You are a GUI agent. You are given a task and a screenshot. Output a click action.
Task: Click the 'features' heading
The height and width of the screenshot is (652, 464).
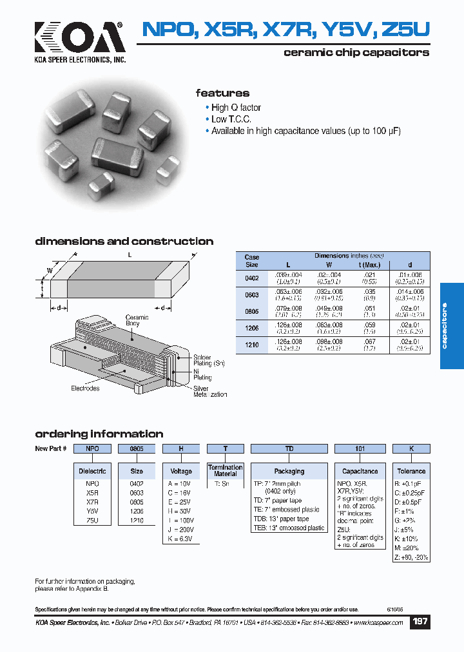coord(222,93)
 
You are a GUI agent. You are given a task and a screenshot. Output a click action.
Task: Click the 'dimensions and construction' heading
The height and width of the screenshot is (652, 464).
coord(124,242)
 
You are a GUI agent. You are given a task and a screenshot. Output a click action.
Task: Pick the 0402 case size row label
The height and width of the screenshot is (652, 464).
coord(252,278)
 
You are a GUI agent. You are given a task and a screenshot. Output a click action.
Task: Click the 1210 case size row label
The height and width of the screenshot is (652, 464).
coord(252,345)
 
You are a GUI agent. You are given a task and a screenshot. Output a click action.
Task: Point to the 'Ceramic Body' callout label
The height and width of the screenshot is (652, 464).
coord(137,321)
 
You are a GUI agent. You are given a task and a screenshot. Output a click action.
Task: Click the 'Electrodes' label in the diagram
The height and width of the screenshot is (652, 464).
coord(85,388)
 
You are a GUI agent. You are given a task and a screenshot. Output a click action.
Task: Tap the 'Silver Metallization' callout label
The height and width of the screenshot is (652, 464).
coord(210,392)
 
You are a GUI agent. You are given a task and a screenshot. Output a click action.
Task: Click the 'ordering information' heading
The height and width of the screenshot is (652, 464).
coord(99,434)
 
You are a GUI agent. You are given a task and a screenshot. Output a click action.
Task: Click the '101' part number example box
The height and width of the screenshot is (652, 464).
coord(360,448)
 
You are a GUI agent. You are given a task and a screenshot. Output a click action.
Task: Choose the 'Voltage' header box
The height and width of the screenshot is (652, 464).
coord(181,471)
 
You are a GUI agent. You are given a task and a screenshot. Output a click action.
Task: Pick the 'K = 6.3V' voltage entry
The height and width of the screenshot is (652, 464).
coord(180,538)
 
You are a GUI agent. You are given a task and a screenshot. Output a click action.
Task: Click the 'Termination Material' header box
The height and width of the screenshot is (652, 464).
coord(226,470)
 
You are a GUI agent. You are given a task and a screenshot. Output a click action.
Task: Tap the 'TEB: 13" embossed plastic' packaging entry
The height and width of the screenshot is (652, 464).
coord(289,528)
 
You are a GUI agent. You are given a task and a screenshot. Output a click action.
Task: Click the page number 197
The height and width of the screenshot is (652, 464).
coord(420,622)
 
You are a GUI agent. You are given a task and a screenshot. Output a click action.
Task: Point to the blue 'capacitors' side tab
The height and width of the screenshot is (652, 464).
coord(451,326)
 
